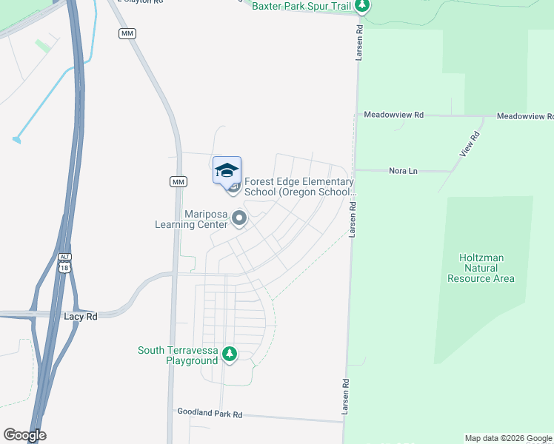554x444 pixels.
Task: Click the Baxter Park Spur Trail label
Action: tap(301, 6)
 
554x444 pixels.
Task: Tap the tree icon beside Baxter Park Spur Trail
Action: tap(361, 6)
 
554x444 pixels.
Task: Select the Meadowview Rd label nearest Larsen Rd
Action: tap(393, 115)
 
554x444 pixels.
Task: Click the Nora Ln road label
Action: tap(403, 171)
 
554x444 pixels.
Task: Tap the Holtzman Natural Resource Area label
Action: tap(481, 268)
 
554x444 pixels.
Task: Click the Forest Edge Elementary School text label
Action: tap(299, 186)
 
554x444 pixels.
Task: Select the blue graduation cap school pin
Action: tap(227, 171)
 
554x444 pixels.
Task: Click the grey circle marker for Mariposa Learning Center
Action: tap(239, 218)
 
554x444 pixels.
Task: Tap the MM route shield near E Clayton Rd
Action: tap(127, 34)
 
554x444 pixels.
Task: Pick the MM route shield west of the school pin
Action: tap(178, 181)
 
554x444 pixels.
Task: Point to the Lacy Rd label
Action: tap(81, 316)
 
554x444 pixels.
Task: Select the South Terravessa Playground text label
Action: tap(178, 355)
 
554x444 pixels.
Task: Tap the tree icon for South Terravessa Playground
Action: tap(230, 354)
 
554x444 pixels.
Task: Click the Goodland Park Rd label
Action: tap(210, 413)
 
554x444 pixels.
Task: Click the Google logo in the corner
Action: tap(24, 435)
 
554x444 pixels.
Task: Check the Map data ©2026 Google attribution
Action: tap(507, 438)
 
